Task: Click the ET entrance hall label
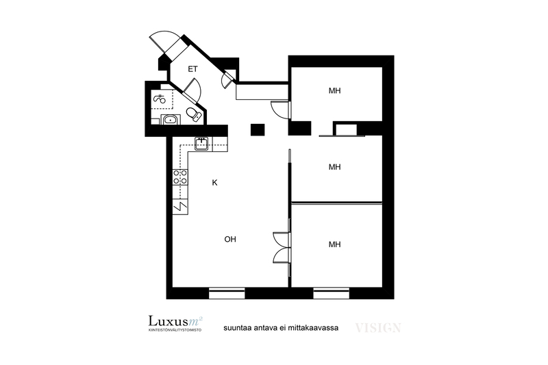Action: click(192, 69)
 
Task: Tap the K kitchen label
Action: click(214, 183)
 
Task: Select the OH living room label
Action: click(230, 239)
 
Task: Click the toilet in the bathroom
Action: click(194, 114)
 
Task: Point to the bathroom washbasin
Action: click(171, 120)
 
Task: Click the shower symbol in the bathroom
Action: click(160, 99)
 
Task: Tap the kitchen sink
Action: click(201, 144)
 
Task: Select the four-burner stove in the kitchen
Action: click(180, 177)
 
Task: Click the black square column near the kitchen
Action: click(258, 130)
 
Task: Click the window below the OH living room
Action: click(227, 293)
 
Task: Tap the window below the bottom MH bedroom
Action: click(332, 293)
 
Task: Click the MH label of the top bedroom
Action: click(334, 91)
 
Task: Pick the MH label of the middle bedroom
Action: click(334, 167)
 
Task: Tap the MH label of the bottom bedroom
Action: click(334, 244)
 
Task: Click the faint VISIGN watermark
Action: click(378, 328)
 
